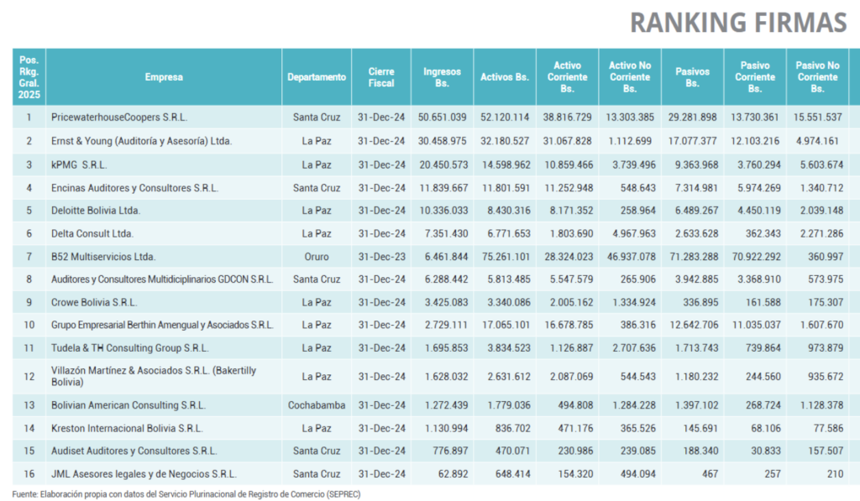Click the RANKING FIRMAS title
(x=738, y=23)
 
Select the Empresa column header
(x=164, y=77)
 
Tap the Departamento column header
(x=317, y=77)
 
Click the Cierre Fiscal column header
(x=381, y=77)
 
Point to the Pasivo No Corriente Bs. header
(x=817, y=76)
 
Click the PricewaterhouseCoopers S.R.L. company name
(x=119, y=117)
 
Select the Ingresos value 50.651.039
(x=442, y=117)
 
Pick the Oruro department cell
(x=317, y=257)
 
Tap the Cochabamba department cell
(x=317, y=405)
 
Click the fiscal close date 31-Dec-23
(x=381, y=257)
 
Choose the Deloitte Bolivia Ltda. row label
(x=96, y=211)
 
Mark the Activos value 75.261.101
(x=505, y=257)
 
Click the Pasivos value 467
(x=710, y=473)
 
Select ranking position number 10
(x=29, y=325)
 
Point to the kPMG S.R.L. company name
(x=79, y=165)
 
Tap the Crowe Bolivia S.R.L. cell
(x=94, y=303)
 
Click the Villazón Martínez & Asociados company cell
(x=154, y=376)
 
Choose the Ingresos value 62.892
(x=453, y=473)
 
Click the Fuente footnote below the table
(x=186, y=494)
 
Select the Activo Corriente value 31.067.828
(x=567, y=141)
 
